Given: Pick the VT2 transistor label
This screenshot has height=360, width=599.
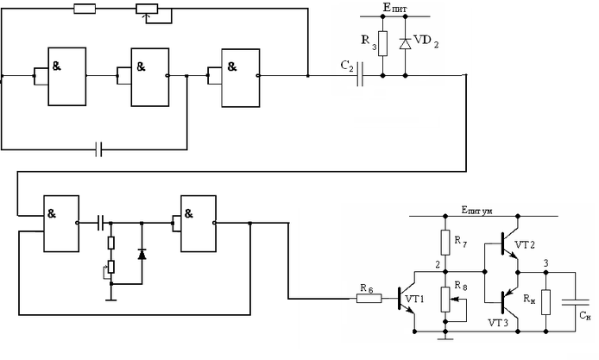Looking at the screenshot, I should click(525, 245).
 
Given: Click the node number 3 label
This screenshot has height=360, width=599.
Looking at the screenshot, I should click(544, 263).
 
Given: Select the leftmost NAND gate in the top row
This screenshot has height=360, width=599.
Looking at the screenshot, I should click(67, 76).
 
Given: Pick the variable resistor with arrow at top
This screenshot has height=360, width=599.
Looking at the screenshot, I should click(150, 9).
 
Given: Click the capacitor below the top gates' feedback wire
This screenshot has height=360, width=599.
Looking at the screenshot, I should click(99, 150).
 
